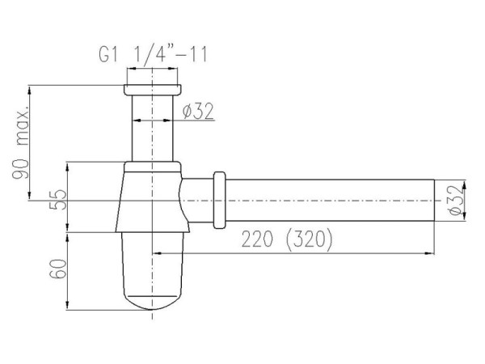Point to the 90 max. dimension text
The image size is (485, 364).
click(x=25, y=142)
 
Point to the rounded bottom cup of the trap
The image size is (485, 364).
click(x=153, y=275)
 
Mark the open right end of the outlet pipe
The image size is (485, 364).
click(x=434, y=199)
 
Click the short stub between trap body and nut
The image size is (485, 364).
click(x=198, y=199)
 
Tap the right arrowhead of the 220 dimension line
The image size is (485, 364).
click(x=430, y=252)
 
